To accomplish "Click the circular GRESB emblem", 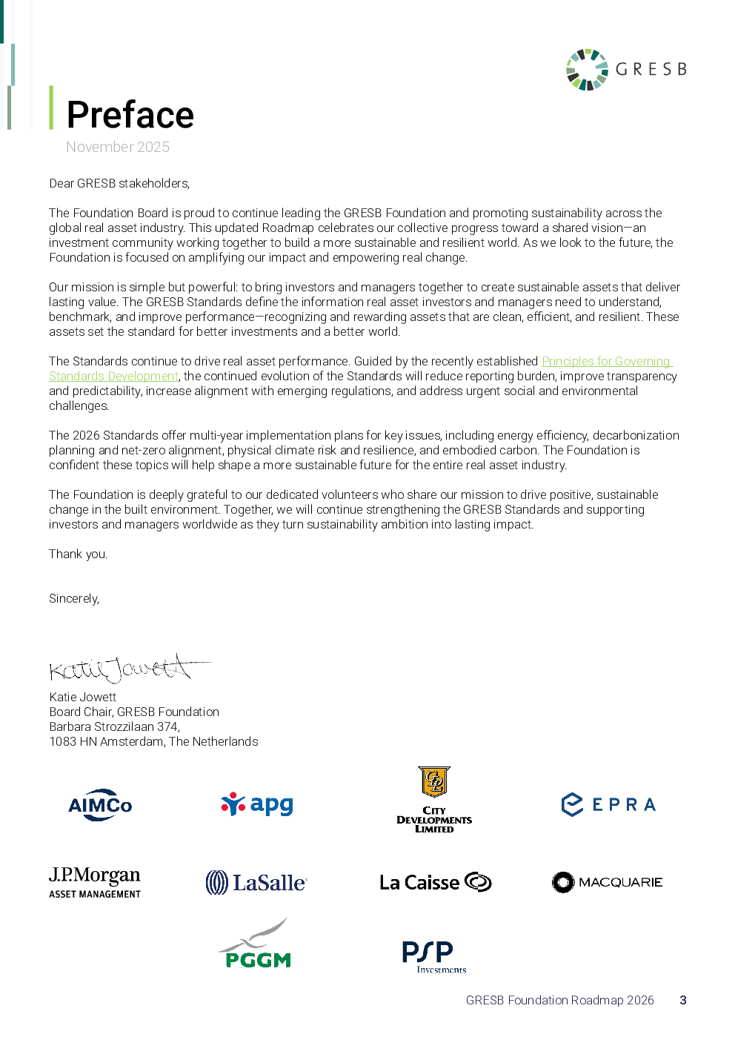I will pos(587,69).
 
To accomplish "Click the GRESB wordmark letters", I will pos(651,69).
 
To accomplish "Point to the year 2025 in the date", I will pos(153,147).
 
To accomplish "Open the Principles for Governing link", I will pos(606,361).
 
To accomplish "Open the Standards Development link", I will pos(113,376).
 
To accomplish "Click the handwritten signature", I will pos(132,669).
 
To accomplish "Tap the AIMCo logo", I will pos(100,805).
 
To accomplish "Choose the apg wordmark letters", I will pos(272,804).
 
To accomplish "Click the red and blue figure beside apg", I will pos(233,804).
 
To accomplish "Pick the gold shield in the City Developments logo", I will pos(434,782).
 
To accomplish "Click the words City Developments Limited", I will pos(434,820).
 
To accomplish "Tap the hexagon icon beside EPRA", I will pos(573,804).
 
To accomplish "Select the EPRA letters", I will pos(624,804).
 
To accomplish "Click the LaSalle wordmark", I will pos(269,883).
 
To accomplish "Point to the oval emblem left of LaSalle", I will pos(216,882).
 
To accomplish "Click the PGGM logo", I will pos(253,944).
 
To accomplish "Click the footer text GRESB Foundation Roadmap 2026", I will pos(559,1000).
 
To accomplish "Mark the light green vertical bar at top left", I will pos(51,107).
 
